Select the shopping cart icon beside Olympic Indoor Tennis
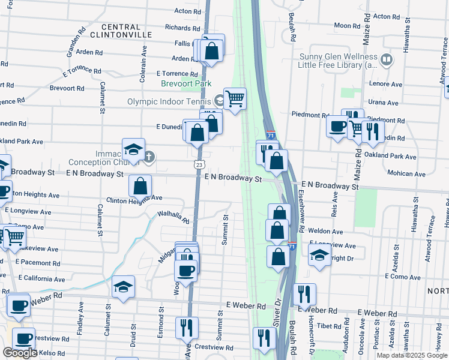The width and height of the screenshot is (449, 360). [x=235, y=98]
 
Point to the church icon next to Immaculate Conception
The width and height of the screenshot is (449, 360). [x=149, y=158]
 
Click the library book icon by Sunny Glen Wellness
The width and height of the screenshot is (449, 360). [x=387, y=60]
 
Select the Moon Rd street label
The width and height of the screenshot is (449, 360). [x=346, y=25]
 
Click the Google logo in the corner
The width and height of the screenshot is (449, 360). [x=20, y=353]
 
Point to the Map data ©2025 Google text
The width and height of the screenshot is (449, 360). [x=412, y=355]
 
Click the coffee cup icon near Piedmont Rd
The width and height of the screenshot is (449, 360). [x=337, y=126]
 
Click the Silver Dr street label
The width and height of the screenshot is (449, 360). [x=277, y=312]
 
